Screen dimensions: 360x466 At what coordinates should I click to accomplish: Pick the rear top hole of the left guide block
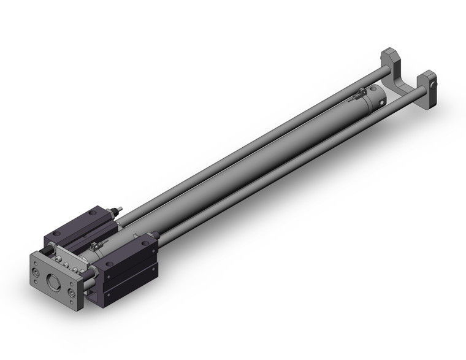pyautogui.click(x=91, y=213)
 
